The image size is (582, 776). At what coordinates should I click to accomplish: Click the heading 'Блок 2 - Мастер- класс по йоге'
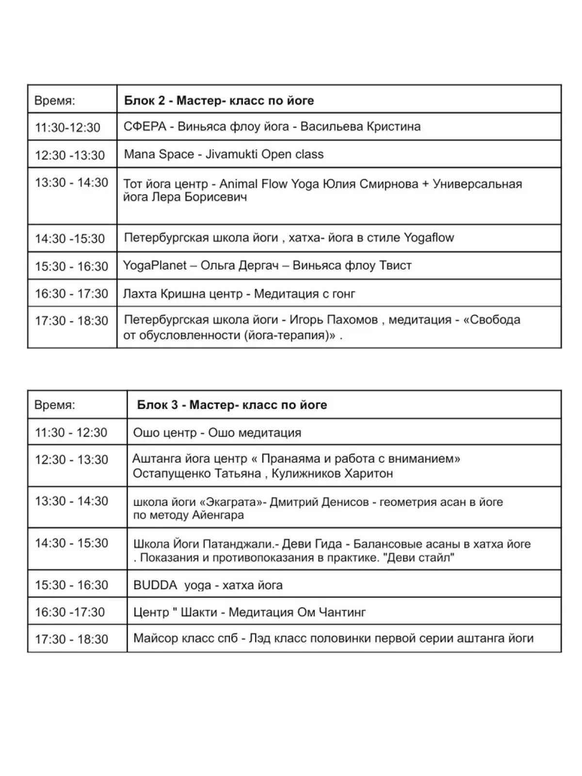[219, 101]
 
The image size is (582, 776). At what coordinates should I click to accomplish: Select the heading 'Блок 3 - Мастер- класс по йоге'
[232, 405]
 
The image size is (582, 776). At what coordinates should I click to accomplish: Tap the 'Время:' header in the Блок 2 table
[55, 101]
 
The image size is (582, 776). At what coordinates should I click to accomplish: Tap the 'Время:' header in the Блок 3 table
[55, 405]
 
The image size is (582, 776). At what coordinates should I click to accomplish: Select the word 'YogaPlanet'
[155, 266]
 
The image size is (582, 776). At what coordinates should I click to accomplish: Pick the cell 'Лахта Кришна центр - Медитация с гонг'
[239, 294]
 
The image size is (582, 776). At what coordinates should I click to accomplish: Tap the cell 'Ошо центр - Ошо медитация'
[217, 433]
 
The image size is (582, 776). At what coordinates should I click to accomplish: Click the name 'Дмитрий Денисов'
[319, 502]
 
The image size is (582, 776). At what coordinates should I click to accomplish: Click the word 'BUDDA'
[155, 585]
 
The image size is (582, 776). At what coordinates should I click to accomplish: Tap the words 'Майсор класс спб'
[186, 639]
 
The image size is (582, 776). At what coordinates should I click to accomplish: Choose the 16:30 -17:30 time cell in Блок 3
[70, 613]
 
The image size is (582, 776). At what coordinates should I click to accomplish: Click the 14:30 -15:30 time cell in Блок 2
[70, 239]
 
